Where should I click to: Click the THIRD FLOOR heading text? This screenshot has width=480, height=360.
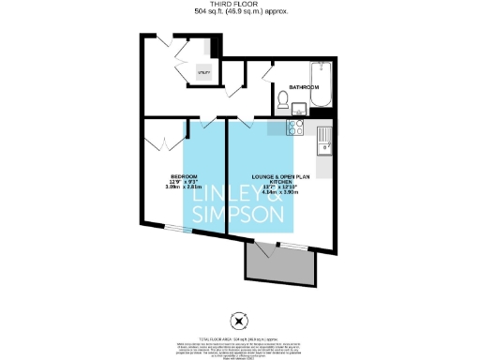point(239,4)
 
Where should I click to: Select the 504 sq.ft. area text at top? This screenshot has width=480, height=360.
point(239,12)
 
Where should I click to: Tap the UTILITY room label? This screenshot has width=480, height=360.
point(203,73)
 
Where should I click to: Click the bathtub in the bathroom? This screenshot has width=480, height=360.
point(320,85)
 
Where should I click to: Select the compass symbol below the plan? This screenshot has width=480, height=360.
point(239,318)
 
